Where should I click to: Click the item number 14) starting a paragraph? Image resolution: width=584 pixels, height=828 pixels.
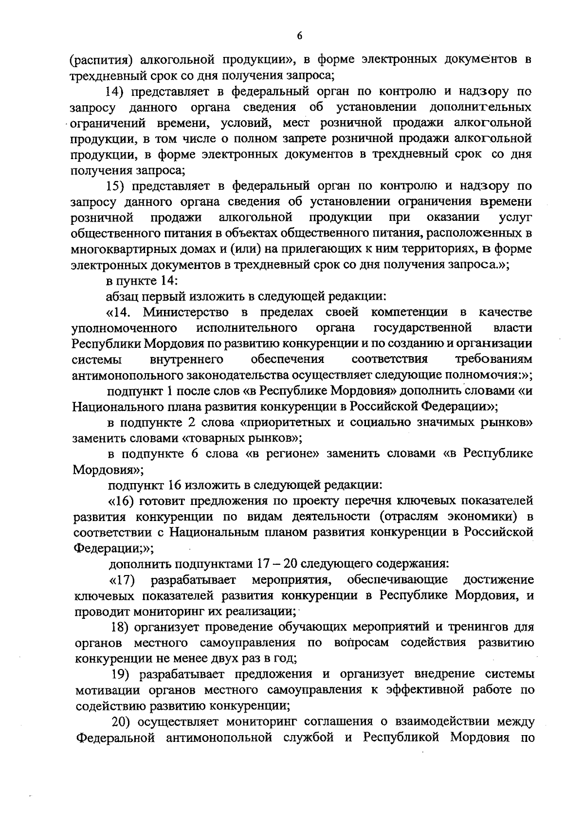point(116,91)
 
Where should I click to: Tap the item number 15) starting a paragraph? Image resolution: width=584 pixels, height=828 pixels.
point(116,186)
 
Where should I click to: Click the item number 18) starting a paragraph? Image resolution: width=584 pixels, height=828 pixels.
point(118,627)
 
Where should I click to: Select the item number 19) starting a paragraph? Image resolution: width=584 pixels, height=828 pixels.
point(119,674)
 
